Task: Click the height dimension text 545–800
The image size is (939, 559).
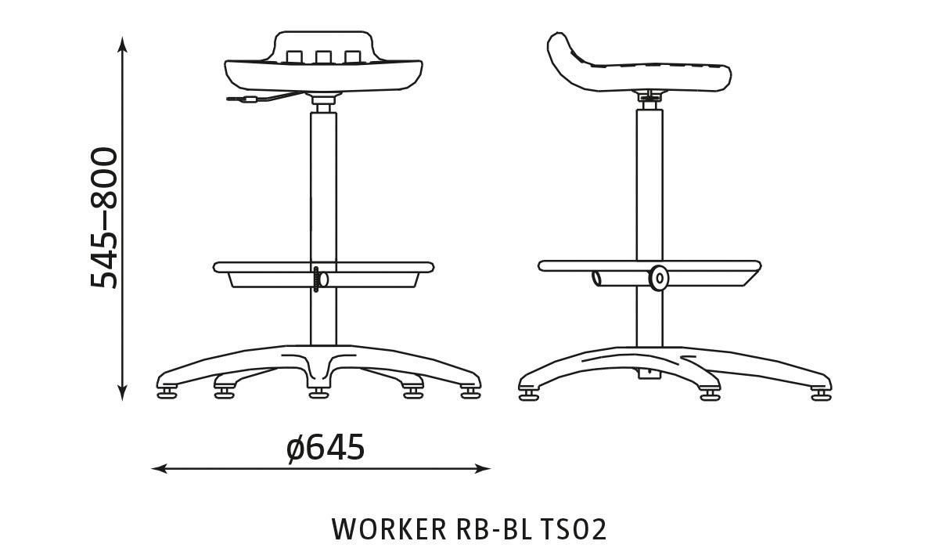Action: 104,218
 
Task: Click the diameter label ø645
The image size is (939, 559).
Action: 326,448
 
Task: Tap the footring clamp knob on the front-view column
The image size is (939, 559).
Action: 317,279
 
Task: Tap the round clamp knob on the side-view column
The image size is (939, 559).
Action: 658,278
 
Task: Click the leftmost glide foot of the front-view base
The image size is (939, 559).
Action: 167,390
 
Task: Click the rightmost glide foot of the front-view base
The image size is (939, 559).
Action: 469,390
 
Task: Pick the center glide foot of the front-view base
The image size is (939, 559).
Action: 317,391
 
